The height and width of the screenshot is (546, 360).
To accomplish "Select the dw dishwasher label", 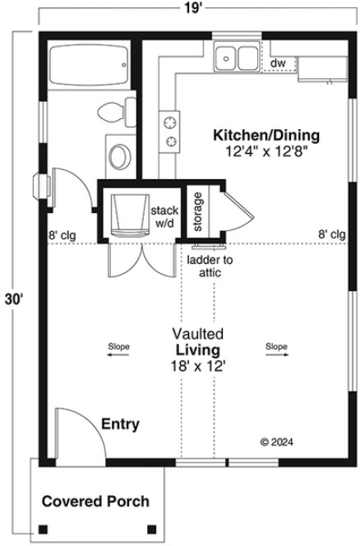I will pos(277,62).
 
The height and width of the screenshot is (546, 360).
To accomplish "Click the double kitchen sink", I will pos(235,58).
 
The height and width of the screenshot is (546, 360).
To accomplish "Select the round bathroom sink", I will pos(120,155).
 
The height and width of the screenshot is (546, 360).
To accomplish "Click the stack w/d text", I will pos(161,216).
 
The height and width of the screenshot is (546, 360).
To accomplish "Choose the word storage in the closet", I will pos(198,211).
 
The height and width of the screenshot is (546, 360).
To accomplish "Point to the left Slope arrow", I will pos(118,347).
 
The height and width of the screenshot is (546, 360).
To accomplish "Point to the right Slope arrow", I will pos(276,347).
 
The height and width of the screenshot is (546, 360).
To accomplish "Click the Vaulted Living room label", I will pos(198,349).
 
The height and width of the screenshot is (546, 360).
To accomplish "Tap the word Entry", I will pos(120,424).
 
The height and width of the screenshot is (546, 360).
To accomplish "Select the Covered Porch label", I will pos(96,500).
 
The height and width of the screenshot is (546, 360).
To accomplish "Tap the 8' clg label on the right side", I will pos(331,234).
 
